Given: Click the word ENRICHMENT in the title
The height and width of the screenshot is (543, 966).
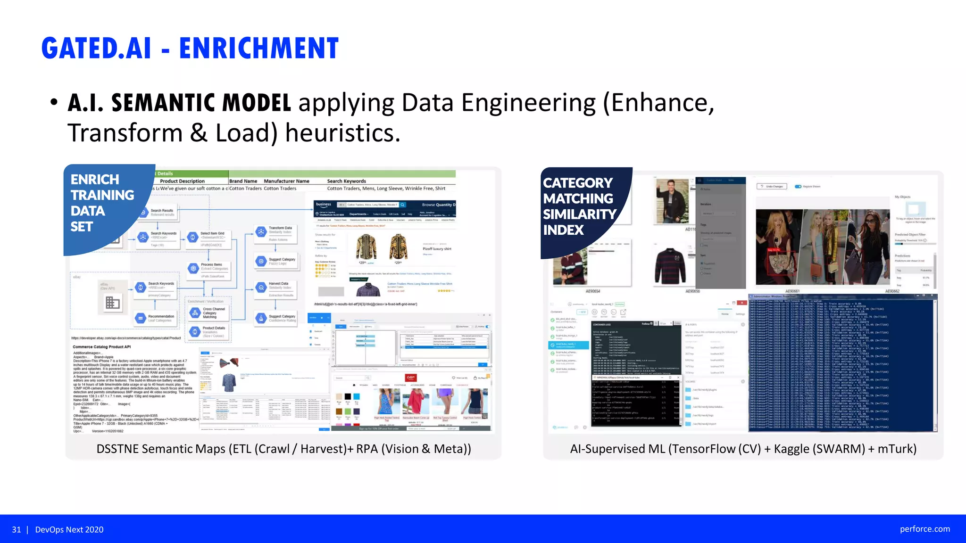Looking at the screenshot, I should point(258,48).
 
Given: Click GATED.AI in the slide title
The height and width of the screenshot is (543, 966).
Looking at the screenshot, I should point(96,48).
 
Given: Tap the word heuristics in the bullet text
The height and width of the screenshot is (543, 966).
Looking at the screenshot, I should point(342,133).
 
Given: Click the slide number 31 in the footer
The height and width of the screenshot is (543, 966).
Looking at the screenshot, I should point(17,529).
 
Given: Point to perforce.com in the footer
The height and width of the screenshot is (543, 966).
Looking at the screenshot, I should point(924,529).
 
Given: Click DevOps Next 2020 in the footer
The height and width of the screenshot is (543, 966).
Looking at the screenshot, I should point(69,529).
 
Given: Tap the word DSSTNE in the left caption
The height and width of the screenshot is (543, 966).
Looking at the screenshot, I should point(117,449).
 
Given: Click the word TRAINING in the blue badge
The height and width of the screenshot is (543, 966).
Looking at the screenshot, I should point(102,195).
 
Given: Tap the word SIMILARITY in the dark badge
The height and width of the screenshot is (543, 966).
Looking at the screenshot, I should point(579,214).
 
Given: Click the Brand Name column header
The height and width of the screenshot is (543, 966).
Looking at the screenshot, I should point(243,181).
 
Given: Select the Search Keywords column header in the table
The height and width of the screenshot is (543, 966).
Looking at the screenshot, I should point(346,181).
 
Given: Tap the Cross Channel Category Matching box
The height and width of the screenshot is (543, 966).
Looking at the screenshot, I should point(208,313).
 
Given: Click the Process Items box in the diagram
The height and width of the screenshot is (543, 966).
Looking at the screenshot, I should point(209,267).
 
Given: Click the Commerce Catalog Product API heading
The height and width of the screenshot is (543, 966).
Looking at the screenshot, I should point(101,347).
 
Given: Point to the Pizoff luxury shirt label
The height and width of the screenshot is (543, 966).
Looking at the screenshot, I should point(437,248).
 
